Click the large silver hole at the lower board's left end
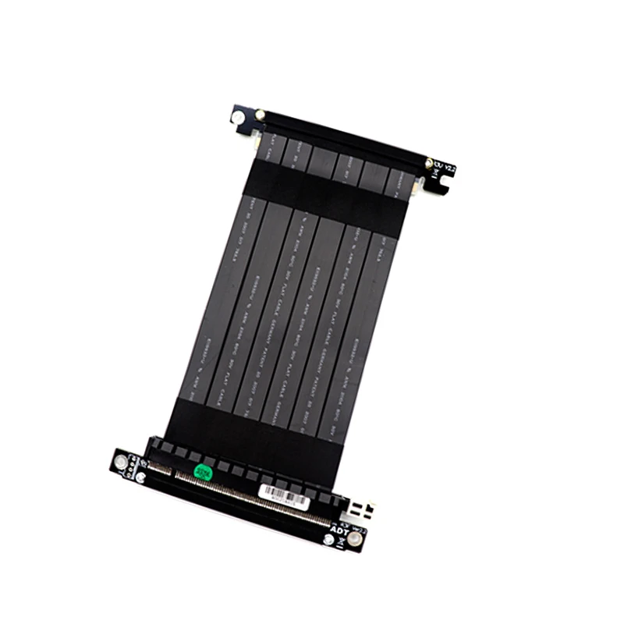click(121, 462)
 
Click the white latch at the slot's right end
click(360, 512)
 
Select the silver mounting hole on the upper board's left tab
click(237, 118)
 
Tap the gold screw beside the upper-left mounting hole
click(260, 115)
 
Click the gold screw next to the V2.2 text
click(429, 163)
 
